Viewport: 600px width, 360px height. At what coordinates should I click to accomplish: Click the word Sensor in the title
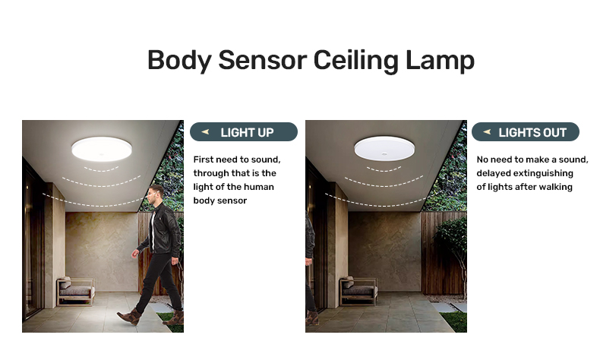(x=262, y=60)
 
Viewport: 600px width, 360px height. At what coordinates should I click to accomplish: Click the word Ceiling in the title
(x=356, y=61)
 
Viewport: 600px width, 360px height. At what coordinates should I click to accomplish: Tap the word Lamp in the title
(x=440, y=61)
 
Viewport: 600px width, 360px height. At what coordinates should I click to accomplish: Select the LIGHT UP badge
(x=244, y=132)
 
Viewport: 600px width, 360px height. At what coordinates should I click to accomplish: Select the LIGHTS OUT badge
(x=526, y=132)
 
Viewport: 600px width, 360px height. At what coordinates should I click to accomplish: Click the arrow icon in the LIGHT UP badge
(x=206, y=132)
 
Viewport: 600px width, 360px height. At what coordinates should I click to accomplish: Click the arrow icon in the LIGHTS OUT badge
(x=487, y=132)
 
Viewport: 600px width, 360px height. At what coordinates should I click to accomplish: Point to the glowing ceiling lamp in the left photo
(x=102, y=148)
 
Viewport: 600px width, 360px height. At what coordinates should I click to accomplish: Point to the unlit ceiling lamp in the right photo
(x=384, y=147)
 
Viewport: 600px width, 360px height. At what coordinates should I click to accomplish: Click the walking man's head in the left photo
(x=156, y=194)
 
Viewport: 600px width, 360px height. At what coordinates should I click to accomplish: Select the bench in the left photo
(x=76, y=291)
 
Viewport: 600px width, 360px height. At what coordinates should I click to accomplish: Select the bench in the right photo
(x=358, y=291)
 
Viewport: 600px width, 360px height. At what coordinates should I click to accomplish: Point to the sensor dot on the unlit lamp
(x=384, y=155)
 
